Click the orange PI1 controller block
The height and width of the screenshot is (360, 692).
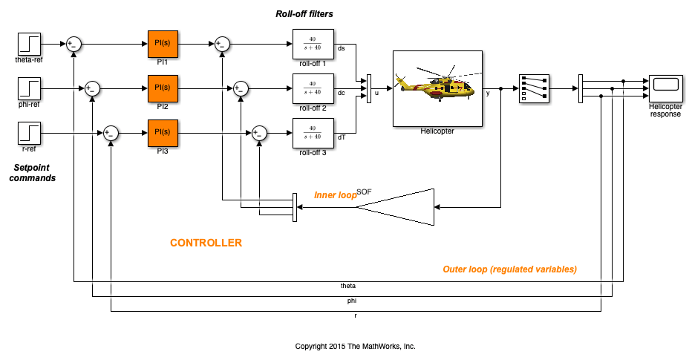(x=163, y=44)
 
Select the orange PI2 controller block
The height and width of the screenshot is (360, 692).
(x=163, y=88)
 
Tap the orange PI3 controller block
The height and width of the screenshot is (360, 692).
(x=163, y=133)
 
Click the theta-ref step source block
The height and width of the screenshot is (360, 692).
(x=29, y=44)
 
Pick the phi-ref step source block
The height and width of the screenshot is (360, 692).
(x=29, y=88)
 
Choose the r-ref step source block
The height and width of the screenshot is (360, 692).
(x=29, y=133)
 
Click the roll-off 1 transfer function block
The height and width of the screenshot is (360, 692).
(x=313, y=44)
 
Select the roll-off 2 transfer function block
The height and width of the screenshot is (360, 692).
(x=313, y=88)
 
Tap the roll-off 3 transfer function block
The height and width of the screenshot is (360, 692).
(x=313, y=133)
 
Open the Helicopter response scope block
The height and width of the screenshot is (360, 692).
(x=665, y=88)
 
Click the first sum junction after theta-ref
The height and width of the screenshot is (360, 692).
(x=74, y=44)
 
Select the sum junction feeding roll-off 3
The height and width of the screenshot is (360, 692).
(x=260, y=133)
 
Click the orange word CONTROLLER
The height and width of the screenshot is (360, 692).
(x=206, y=243)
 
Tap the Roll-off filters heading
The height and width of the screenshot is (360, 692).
(x=304, y=14)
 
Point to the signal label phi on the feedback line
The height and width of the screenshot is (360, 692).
(x=352, y=301)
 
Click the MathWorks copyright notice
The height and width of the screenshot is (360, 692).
(x=355, y=347)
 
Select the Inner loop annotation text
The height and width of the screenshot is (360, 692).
(x=336, y=195)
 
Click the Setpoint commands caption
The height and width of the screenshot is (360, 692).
(x=32, y=173)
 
